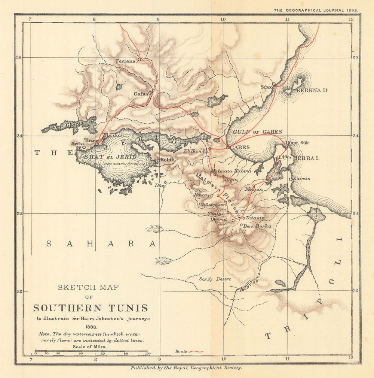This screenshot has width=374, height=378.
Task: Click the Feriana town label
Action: click(125, 61)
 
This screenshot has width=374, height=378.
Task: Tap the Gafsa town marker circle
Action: click(150, 93)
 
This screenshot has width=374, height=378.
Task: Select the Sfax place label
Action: click(266, 87)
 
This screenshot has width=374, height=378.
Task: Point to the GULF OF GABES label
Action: click(257, 132)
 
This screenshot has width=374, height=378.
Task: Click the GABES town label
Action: click(240, 147)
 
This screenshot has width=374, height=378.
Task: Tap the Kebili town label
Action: click(168, 160)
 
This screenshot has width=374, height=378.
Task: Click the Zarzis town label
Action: click(301, 179)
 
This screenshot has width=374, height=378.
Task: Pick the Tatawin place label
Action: click(255, 218)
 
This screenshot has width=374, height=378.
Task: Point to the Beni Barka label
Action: click(257, 226)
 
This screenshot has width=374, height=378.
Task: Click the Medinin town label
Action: click(254, 190)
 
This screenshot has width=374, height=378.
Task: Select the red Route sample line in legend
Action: click(196, 351)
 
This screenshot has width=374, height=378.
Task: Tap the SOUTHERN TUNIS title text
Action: click(91, 308)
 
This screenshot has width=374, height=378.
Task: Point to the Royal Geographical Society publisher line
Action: click(186, 368)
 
